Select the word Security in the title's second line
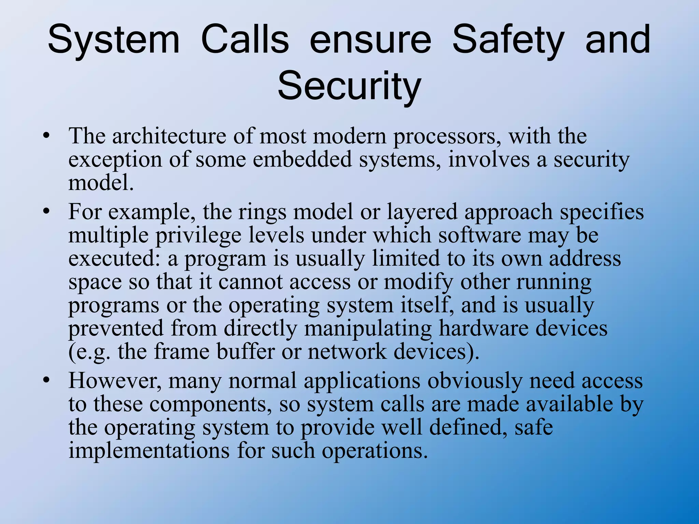[x=349, y=86]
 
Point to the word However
[x=115, y=381]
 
